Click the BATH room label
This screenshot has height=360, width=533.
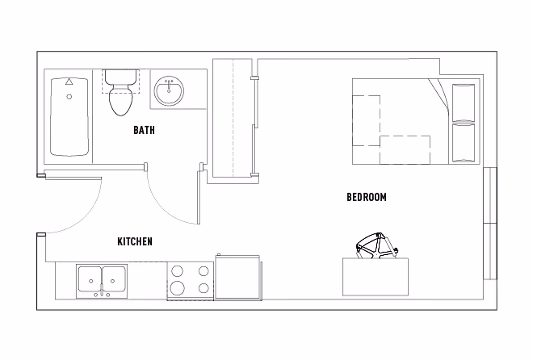click(x=144, y=130)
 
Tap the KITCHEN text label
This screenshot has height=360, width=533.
click(x=135, y=242)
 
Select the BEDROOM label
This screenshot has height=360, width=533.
click(x=366, y=197)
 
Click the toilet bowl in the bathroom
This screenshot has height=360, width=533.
click(x=121, y=101)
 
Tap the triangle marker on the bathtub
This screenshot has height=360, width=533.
click(x=69, y=82)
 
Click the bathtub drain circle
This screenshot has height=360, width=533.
click(x=69, y=96)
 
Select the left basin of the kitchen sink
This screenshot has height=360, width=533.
click(x=90, y=279)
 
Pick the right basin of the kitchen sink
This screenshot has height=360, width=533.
click(x=114, y=279)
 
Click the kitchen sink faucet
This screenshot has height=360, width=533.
click(x=102, y=292)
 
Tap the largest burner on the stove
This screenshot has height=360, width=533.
click(x=177, y=287)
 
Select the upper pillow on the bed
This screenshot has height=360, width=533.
click(x=463, y=103)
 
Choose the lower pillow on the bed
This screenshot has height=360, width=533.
click(x=463, y=143)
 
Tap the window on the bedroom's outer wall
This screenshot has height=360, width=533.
click(x=490, y=223)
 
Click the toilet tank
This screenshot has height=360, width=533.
click(x=121, y=77)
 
